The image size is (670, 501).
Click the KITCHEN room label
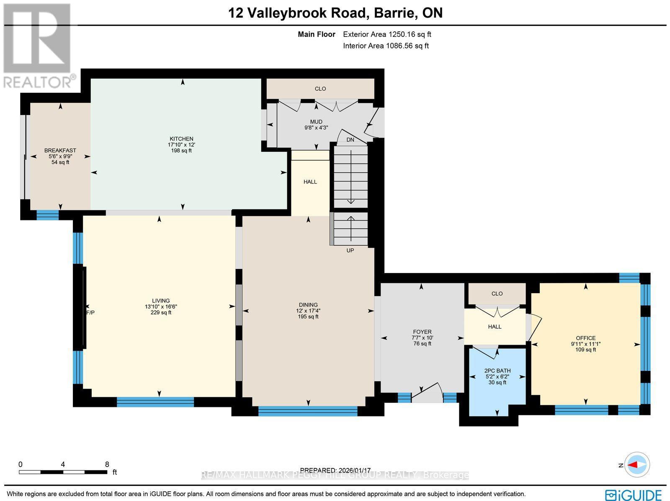pos(181,139)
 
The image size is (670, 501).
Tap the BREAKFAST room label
pos(60,151)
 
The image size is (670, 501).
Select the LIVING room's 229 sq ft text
pos(161,312)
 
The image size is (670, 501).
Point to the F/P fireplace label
pos(90,312)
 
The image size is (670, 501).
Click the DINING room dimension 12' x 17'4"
pos(308,311)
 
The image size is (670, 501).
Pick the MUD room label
pos(316,122)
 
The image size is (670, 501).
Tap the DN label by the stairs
pos(350,140)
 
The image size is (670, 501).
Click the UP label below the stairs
pos(350,250)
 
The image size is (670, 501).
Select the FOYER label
pos(422,332)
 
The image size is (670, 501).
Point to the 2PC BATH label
pos(497,371)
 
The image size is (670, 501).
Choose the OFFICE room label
pos(585,338)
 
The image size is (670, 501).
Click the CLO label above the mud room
pos(320,89)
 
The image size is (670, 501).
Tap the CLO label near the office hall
pos(497,294)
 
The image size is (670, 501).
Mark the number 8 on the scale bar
pos(107,464)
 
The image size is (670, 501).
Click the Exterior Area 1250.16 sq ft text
pos(387,35)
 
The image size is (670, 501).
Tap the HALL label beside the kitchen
pos(310,182)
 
